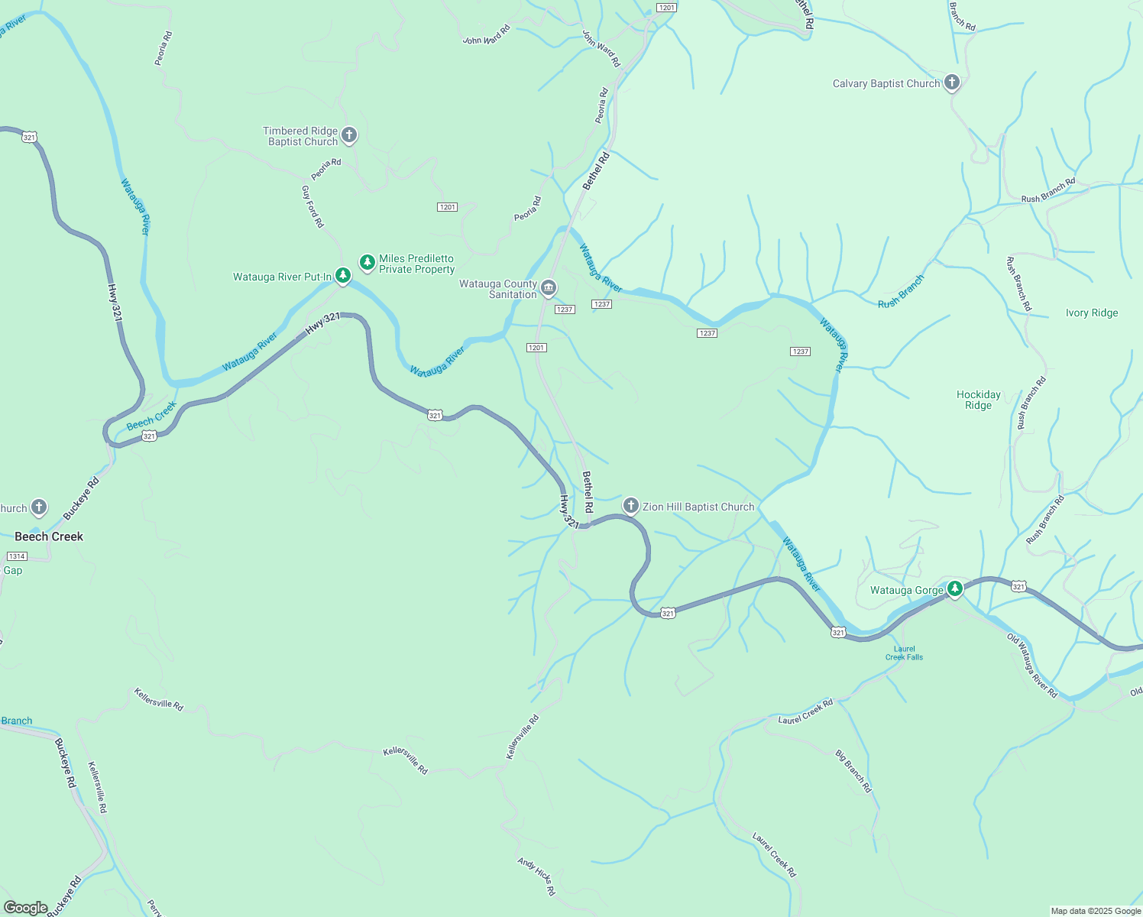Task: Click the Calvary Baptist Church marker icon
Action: point(951,83)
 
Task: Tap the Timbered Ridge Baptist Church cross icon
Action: point(349,136)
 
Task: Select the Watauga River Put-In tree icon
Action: point(343,275)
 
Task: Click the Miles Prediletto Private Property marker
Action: point(368,263)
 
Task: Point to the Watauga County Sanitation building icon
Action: point(549,288)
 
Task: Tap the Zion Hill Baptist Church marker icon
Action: point(630,505)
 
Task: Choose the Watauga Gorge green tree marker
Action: point(954,589)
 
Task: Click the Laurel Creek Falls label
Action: point(905,653)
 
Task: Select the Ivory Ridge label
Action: point(1092,313)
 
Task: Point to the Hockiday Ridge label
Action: point(978,400)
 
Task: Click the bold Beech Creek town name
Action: point(49,536)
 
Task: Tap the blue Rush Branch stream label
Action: point(901,292)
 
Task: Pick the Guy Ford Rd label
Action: point(312,206)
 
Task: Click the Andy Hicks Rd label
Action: point(536,876)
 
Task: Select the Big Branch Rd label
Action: point(853,771)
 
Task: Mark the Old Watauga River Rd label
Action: point(1032,666)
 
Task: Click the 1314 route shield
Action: point(17,556)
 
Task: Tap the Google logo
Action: point(25,908)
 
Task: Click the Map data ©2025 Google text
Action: point(1096,911)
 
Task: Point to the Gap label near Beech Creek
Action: point(13,571)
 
